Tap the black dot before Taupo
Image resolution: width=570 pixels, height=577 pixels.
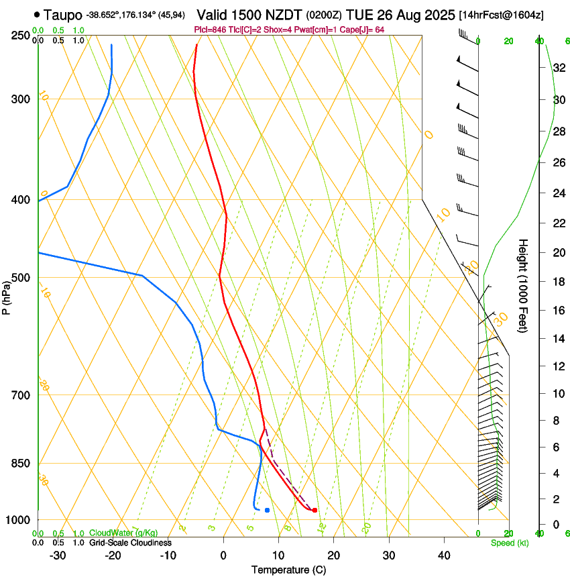tap(36, 14)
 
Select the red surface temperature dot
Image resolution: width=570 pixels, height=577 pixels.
tap(315, 511)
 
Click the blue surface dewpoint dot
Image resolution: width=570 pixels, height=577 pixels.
tap(267, 511)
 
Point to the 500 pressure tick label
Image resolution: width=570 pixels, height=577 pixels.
tap(21, 278)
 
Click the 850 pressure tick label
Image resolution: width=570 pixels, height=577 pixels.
tap(21, 464)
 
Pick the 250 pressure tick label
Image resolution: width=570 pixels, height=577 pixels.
tap(21, 36)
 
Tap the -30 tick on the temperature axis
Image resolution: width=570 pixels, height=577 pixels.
tap(58, 555)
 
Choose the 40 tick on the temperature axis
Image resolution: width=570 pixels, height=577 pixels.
tap(444, 555)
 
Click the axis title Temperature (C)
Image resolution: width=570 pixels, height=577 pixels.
tap(288, 570)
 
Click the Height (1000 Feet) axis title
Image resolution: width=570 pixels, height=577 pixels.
tap(524, 285)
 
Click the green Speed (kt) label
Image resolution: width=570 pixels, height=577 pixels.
tap(509, 543)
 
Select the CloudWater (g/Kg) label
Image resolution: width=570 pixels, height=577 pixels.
tap(123, 533)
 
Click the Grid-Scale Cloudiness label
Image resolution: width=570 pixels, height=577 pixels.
tap(131, 543)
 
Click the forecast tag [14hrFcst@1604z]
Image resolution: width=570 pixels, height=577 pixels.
tap(500, 15)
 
